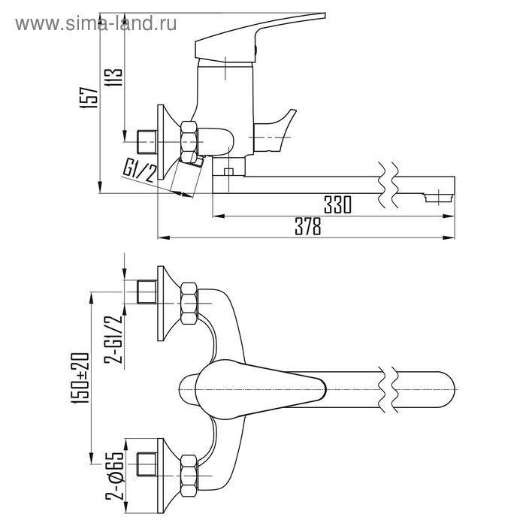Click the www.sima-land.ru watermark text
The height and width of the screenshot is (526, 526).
(x=96, y=24)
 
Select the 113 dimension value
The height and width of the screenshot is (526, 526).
(x=113, y=78)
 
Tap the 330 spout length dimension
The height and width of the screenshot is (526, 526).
(x=338, y=204)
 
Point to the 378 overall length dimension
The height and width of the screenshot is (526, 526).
(x=308, y=226)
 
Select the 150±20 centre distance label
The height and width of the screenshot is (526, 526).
(x=80, y=378)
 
